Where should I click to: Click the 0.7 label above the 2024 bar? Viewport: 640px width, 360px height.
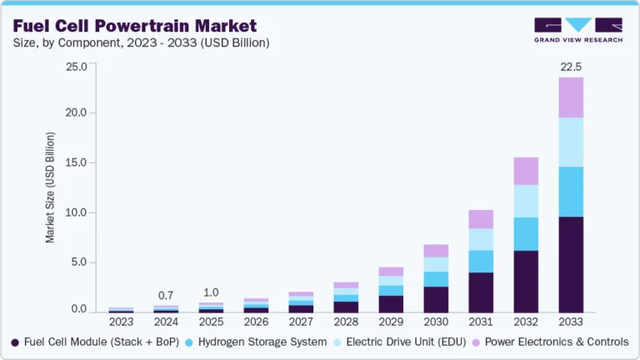166,296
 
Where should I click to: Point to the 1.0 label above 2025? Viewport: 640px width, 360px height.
211,292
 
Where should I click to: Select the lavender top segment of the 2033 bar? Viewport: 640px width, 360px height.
571,97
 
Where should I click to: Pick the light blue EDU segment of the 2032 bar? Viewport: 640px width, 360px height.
526,201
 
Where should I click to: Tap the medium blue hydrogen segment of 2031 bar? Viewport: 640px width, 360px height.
481,261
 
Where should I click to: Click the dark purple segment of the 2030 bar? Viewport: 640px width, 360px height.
436,299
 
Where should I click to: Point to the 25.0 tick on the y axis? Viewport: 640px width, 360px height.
76,66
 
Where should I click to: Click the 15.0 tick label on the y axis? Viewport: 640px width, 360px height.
76,162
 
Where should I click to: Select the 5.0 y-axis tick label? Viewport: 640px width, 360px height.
78,262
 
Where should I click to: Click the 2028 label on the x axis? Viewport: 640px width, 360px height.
346,321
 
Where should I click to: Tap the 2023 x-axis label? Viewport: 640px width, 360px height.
121,321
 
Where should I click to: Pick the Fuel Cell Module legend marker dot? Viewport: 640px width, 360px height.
16,342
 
